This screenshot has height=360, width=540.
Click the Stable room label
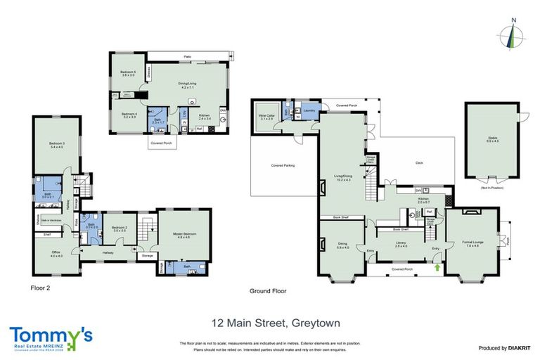tap(492, 139)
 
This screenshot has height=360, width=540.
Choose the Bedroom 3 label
tap(56, 145)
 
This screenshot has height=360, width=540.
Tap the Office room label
tap(56, 254)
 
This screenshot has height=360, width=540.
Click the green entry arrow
tap(438, 267)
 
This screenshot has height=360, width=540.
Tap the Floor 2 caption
tap(41, 288)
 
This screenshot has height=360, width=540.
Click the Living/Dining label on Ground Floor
tap(343, 179)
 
